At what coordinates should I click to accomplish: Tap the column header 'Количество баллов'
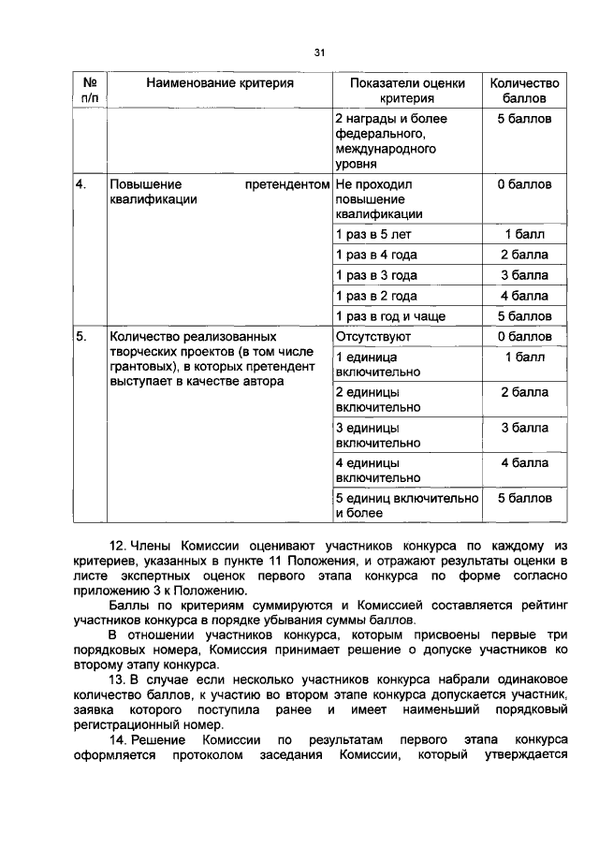point(524,91)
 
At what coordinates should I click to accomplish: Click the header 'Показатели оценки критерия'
point(407,91)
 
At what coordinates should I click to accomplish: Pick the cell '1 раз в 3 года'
point(376,276)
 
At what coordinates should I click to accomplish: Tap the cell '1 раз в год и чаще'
point(390,316)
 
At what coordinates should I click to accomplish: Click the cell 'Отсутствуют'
point(373,337)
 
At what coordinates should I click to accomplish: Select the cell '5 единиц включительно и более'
point(406,505)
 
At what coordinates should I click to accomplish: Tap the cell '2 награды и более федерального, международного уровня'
point(391,141)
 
